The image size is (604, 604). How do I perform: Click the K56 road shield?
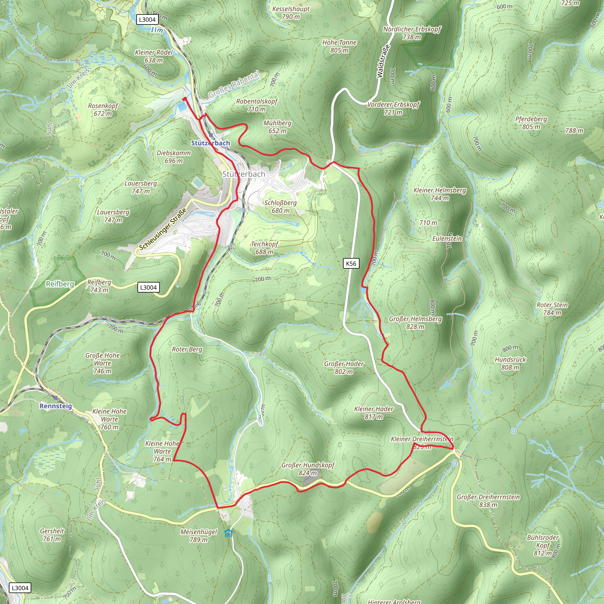pos(351,264)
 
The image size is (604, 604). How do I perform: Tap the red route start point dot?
pos(184,99)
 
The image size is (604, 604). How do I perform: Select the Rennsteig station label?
pos(56,406)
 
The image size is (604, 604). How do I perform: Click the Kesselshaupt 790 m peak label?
pos(291,13)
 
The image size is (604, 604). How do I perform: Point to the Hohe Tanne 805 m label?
pos(339,46)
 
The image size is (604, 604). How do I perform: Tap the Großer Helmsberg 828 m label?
pos(415,323)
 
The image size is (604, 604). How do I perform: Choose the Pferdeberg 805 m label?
pos(531,123)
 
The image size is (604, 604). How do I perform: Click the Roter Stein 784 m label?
pos(552,308)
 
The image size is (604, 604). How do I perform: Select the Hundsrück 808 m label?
pos(510,363)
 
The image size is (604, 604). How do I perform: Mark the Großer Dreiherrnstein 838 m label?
pos(488,501)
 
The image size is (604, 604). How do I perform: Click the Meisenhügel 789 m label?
pos(198,536)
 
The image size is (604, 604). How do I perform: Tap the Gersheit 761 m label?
pos(52,535)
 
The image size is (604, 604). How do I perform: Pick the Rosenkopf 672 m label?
pos(103,110)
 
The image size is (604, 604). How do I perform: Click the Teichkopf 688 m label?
pos(264,248)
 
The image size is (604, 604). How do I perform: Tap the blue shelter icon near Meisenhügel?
pos(229,533)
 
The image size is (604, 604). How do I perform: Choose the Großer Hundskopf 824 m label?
pos(308,469)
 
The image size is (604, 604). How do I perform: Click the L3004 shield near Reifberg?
pos(149,288)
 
